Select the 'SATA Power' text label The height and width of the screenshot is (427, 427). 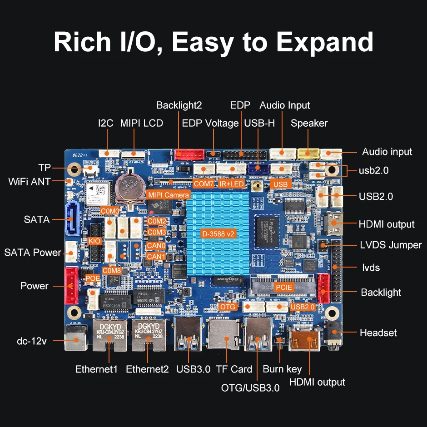tap(33, 253)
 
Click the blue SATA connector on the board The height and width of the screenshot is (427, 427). tap(72, 218)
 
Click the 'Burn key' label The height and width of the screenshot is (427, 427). tap(282, 369)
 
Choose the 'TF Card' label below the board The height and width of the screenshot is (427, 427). tap(234, 369)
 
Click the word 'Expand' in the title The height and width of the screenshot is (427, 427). tap(325, 42)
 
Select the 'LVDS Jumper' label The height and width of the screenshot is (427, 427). tap(391, 245)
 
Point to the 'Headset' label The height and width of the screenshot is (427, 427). tap(378, 333)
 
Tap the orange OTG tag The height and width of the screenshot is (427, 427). tap(228, 307)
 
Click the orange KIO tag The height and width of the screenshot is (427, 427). tap(94, 241)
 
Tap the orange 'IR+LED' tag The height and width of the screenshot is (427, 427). tap(231, 184)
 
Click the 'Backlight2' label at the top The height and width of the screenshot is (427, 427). tap(179, 105)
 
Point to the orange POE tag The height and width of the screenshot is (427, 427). tap(92, 278)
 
